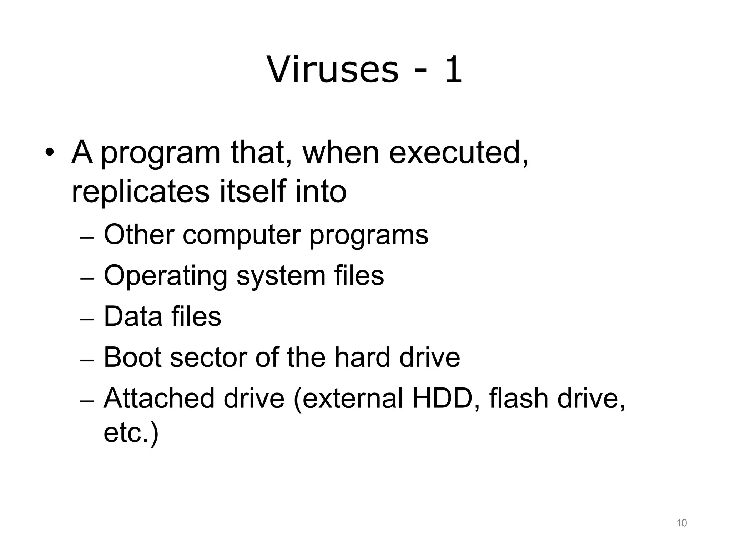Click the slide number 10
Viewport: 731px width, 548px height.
pyautogui.click(x=681, y=523)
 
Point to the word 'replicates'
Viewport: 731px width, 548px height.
pyautogui.click(x=140, y=192)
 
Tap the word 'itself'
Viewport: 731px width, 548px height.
pyautogui.click(x=252, y=192)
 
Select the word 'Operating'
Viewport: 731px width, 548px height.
pyautogui.click(x=165, y=276)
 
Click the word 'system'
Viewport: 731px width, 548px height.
pyautogui.click(x=281, y=276)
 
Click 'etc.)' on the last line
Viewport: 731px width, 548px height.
pyautogui.click(x=131, y=433)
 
